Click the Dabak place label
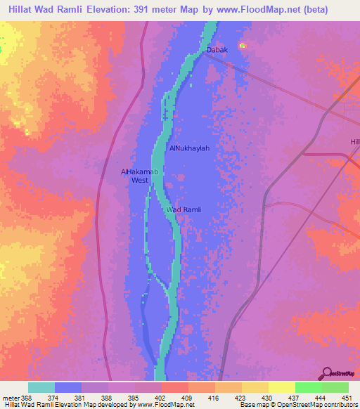[217, 50]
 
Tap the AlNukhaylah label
[190, 148]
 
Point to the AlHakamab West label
[134, 176]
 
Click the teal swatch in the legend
[41, 387]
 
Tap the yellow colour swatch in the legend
[281, 387]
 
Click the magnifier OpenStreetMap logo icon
[328, 373]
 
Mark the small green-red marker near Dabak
[243, 46]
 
